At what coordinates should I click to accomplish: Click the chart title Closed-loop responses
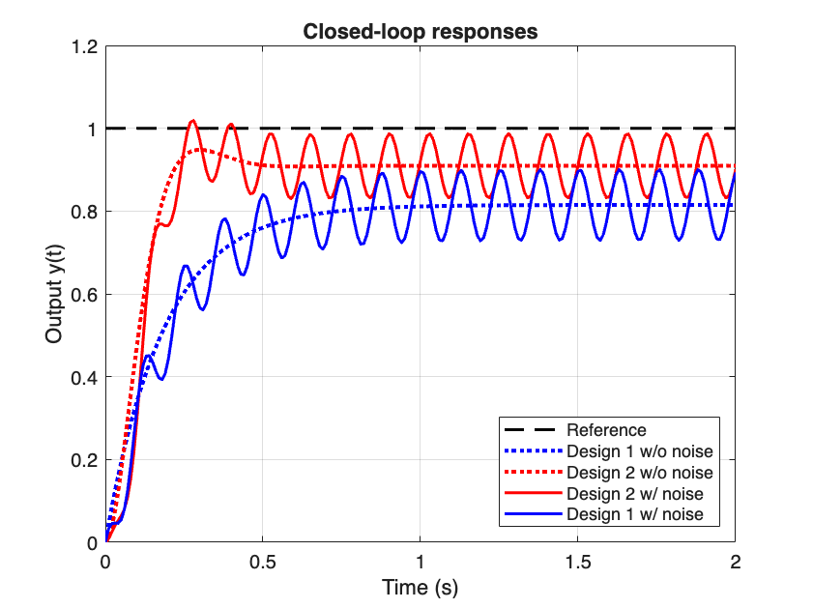click(420, 31)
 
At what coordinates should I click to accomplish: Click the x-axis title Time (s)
click(420, 586)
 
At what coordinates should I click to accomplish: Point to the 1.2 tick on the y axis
click(85, 45)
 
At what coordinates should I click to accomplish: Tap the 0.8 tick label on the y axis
click(85, 212)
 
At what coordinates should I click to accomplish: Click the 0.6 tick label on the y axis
click(85, 294)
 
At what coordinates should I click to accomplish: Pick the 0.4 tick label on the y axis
click(85, 377)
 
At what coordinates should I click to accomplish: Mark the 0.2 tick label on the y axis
click(85, 460)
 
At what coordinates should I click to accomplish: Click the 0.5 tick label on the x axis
click(263, 561)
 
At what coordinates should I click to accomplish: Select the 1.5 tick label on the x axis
click(577, 561)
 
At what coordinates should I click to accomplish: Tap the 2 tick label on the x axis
click(735, 561)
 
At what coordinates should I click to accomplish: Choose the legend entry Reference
click(606, 430)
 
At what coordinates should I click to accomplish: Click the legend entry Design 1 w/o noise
click(639, 451)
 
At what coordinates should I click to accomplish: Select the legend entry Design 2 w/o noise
click(639, 473)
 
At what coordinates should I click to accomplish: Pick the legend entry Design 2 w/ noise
click(632, 493)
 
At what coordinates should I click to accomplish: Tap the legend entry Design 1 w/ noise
click(632, 514)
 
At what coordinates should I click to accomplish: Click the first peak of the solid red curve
click(192, 121)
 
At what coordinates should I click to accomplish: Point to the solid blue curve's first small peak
click(148, 356)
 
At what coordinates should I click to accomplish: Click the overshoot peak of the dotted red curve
click(198, 149)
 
